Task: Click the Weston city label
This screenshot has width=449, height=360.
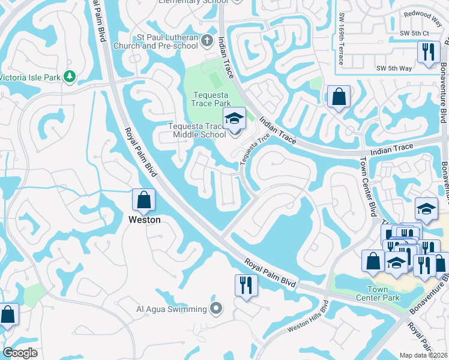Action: click(x=145, y=220)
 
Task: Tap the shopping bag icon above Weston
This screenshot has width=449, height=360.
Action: click(x=144, y=201)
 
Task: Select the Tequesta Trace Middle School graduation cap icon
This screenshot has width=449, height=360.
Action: click(x=235, y=119)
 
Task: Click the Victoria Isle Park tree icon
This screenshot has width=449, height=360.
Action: click(x=70, y=77)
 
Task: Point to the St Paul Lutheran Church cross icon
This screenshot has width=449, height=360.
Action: click(x=207, y=41)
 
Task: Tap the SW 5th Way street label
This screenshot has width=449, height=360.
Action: click(x=394, y=68)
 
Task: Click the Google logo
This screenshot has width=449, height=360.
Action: click(x=20, y=353)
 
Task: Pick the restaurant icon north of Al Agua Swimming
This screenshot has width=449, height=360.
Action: click(x=246, y=286)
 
